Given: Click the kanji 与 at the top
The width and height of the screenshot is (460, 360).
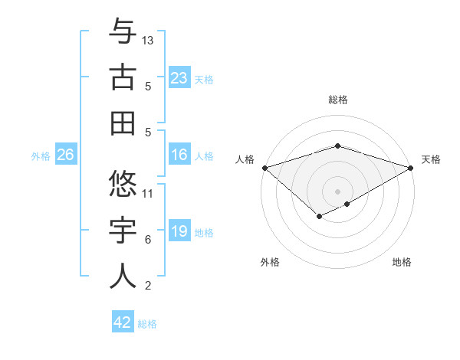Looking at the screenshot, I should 123,32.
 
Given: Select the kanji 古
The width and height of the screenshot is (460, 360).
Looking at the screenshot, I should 123,77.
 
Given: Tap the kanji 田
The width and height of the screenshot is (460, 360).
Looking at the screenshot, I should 123,123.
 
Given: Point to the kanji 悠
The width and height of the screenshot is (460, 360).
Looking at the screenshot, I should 123,183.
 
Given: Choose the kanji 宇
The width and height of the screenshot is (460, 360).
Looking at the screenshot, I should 123,230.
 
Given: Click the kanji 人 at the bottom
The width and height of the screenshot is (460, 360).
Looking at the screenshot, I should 123,276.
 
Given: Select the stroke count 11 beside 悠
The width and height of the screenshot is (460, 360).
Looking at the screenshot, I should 148,193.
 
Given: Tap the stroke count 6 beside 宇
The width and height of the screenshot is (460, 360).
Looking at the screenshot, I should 148,240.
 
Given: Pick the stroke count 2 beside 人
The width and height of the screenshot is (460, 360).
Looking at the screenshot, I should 148,286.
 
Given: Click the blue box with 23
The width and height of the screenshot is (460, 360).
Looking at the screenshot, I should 179,78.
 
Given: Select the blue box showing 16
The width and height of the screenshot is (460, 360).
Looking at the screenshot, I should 179,155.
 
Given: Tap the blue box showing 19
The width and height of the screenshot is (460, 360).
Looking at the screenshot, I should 179,232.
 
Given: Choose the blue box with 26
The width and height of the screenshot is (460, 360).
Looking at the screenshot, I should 66,155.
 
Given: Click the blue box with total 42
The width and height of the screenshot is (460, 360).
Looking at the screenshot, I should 123,322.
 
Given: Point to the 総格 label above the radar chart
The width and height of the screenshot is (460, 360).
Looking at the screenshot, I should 338,100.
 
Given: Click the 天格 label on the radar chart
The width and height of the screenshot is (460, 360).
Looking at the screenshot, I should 431,159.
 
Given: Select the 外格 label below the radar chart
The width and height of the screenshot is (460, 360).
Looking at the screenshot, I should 270,262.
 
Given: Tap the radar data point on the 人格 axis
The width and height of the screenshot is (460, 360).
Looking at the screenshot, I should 264,167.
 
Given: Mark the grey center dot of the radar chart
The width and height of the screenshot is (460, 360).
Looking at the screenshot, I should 337,191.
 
